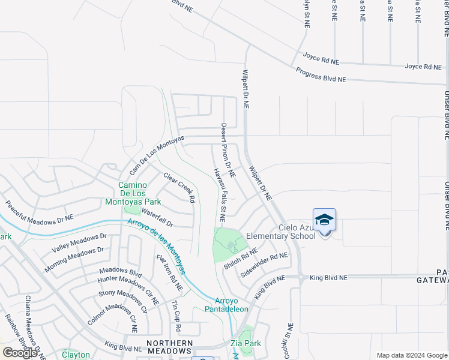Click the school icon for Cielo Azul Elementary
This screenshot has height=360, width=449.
pyautogui.click(x=324, y=220)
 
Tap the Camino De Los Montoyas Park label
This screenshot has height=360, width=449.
pyautogui.click(x=140, y=193)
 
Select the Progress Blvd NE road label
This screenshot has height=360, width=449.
pyautogui.click(x=321, y=75)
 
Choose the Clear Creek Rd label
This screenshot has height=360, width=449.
pyautogui.click(x=179, y=187)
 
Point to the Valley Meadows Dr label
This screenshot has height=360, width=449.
pyautogui.click(x=79, y=243)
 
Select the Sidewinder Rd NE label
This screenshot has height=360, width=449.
pyautogui.click(x=264, y=264)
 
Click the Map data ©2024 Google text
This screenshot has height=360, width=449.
pyautogui.click(x=411, y=355)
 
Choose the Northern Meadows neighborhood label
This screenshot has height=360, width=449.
pyautogui.click(x=170, y=347)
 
